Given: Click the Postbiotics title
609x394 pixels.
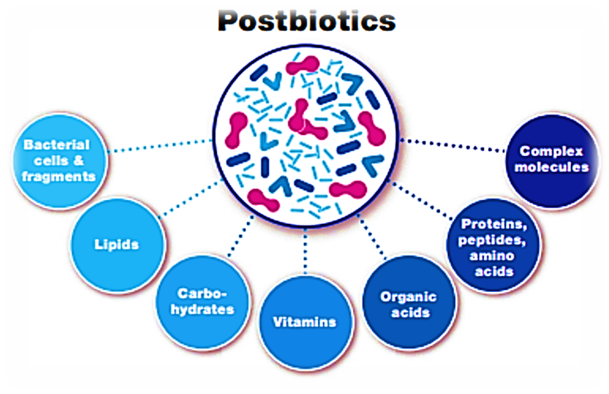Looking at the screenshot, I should tap(304, 21).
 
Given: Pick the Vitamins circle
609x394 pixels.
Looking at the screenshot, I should tap(304, 320).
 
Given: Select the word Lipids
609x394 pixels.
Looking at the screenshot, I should tap(116, 245).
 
